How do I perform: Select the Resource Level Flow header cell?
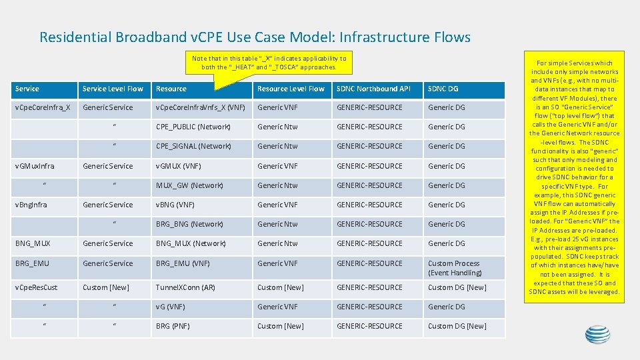[291, 89]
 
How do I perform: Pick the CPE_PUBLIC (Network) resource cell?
[193, 127]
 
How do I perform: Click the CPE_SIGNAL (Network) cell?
[193, 146]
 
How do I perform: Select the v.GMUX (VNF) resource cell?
[178, 166]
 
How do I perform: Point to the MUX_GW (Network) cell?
[189, 185]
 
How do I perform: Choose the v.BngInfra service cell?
[31, 205]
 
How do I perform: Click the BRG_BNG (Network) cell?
[189, 224]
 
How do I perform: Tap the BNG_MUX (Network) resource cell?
[191, 243]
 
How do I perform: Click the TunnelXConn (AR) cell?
[185, 287]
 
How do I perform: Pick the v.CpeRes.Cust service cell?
[36, 287]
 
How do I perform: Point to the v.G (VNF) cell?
[171, 307]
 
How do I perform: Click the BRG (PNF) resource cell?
[173, 326]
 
